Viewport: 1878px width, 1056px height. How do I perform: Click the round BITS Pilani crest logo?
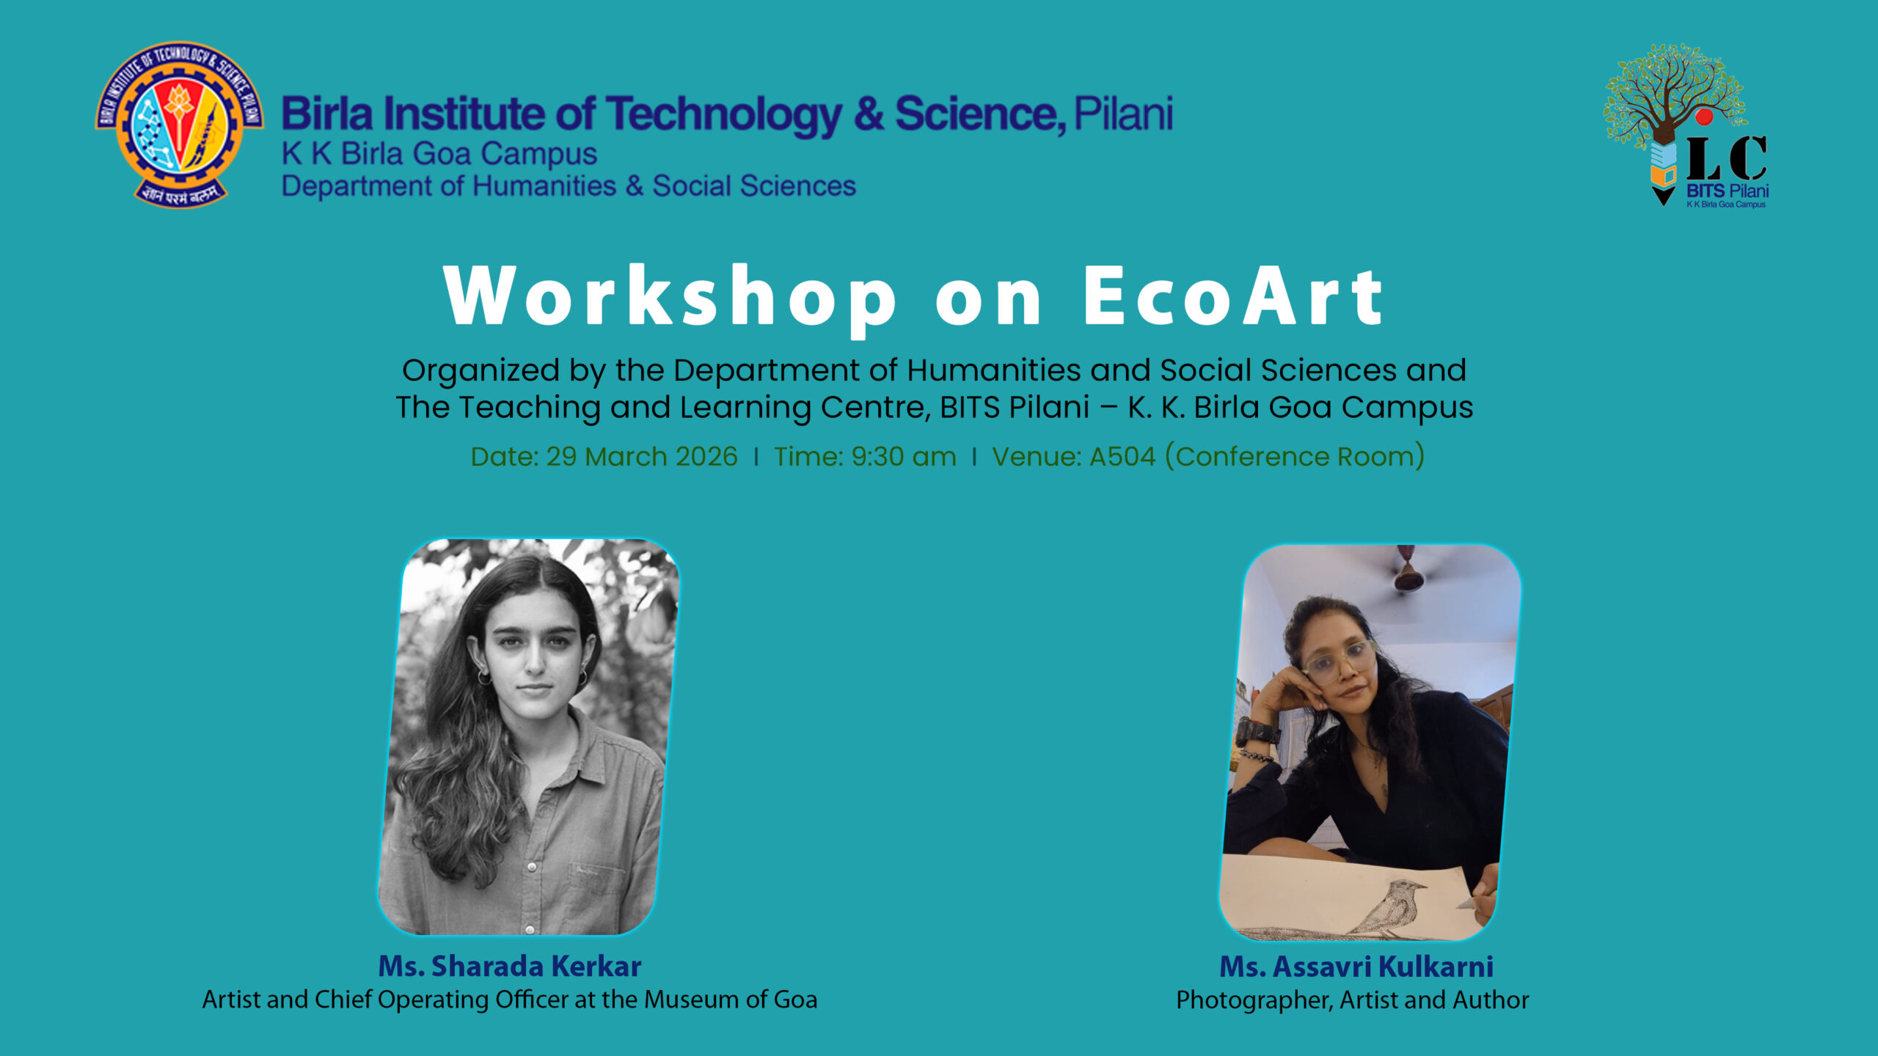179,125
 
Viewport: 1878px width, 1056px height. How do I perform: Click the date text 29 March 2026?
642,456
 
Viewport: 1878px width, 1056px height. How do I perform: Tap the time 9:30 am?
904,456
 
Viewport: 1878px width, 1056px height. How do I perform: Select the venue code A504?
1122,456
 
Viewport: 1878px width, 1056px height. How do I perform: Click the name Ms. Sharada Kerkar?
510,966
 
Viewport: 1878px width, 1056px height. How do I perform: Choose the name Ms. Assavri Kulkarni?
1356,966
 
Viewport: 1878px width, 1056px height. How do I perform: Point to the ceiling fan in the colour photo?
1408,568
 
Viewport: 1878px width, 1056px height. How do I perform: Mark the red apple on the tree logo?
1704,117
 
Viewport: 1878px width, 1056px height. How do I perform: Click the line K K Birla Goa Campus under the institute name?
439,154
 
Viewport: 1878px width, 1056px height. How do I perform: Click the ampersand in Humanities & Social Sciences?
635,186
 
